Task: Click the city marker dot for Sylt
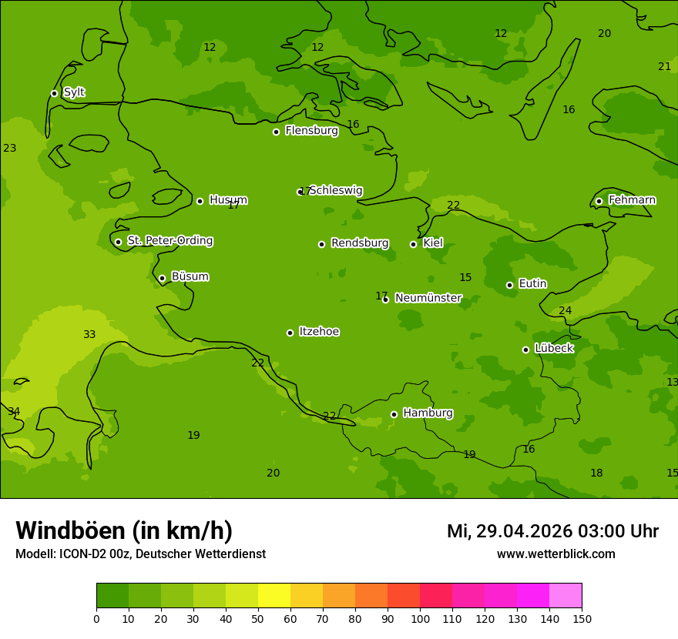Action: [x=54, y=93]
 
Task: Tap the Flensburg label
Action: [x=311, y=131]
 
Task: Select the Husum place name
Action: [x=228, y=200]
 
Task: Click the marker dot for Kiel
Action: [x=413, y=244]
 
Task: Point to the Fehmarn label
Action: [x=632, y=200]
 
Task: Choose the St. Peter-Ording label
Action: [x=169, y=241]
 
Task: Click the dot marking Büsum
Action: [x=162, y=278]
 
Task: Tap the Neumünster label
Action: [x=428, y=298]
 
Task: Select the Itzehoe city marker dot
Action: [x=290, y=333]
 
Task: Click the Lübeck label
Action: [x=553, y=349]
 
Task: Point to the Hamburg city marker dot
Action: [x=394, y=414]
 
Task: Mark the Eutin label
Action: [x=532, y=284]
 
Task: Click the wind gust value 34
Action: [x=14, y=411]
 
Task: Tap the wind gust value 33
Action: [x=89, y=334]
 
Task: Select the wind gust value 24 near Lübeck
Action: [x=565, y=310]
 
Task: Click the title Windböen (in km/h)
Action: [x=124, y=530]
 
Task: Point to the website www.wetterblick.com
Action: [x=555, y=554]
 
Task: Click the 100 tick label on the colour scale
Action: [x=420, y=619]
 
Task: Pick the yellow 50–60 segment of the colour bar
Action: [x=274, y=596]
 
